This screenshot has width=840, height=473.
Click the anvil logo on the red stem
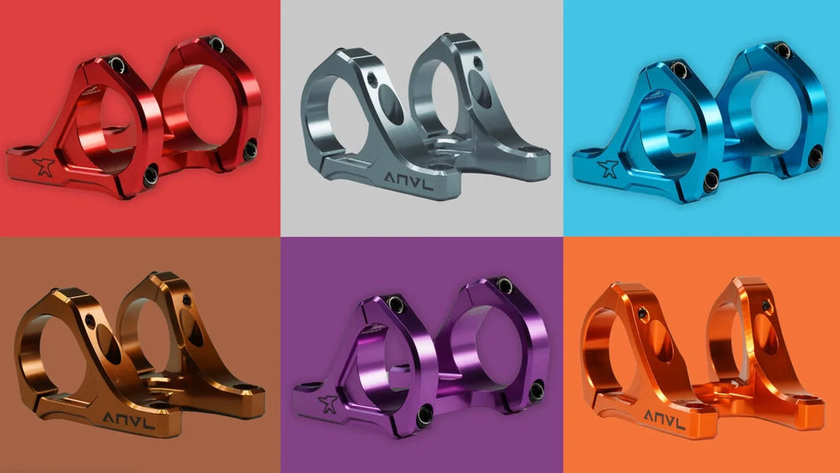[44, 166]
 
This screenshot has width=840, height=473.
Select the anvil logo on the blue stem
[608, 168]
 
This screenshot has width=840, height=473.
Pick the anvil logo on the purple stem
[328, 403]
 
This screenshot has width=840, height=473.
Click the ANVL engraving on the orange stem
[664, 419]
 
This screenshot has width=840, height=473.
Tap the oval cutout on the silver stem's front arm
[391, 104]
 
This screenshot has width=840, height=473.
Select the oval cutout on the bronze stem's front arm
[108, 345]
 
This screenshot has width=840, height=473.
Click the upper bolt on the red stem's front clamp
[117, 65]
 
